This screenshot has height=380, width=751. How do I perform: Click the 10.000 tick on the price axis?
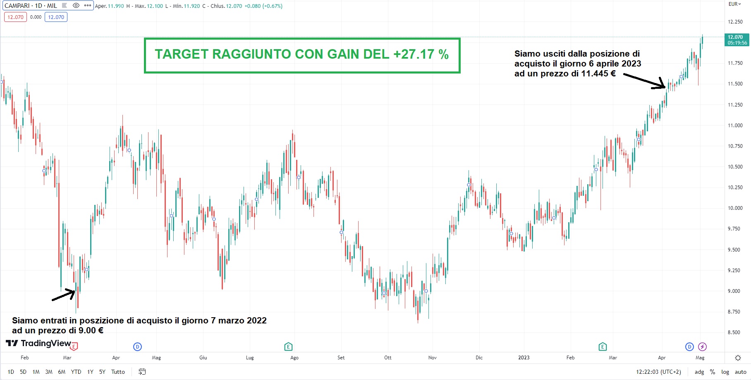(x=735, y=208)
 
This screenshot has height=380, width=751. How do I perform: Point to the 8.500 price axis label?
(x=735, y=332)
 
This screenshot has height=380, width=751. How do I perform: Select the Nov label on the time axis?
(x=432, y=358)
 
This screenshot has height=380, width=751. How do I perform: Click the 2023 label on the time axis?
(x=524, y=358)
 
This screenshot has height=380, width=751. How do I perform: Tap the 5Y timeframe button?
(x=102, y=372)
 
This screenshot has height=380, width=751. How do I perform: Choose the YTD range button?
(x=76, y=372)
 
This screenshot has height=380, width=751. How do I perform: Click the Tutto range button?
(x=118, y=372)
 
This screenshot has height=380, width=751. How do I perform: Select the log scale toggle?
(x=725, y=372)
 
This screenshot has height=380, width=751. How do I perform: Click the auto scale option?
(x=740, y=372)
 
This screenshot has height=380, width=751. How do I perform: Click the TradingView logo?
(x=38, y=343)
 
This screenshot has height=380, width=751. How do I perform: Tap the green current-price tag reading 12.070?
(x=737, y=40)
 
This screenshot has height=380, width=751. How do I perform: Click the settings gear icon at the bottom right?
(x=738, y=358)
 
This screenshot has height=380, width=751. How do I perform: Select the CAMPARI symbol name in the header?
(x=17, y=6)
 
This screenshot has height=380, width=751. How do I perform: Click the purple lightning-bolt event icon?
(x=702, y=347)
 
